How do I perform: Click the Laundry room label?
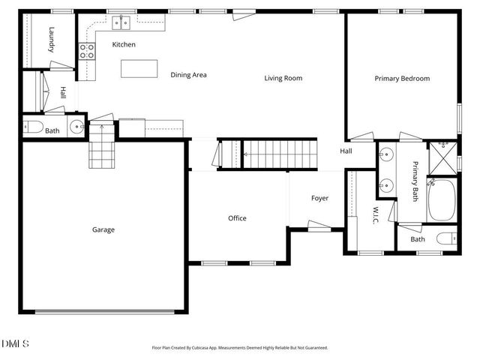point(52,39)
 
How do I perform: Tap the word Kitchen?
point(124,45)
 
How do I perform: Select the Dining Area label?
point(188,75)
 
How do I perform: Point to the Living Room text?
point(283,78)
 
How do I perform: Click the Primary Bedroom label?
point(402,78)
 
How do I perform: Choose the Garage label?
point(103,229)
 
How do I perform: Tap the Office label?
point(237,218)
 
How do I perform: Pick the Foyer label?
point(320,198)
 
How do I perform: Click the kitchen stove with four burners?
point(87,50)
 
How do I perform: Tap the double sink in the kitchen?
point(121,23)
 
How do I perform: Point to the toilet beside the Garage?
point(33,127)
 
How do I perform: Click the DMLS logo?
point(15,344)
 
